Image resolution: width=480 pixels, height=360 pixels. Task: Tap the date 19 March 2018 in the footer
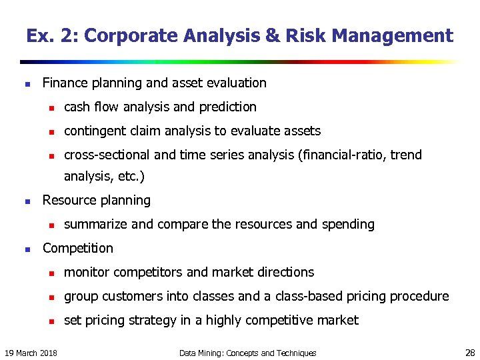point(31,353)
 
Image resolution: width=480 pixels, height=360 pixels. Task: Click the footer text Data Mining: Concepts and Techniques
point(248,353)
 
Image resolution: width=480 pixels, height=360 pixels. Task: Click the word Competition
point(78,248)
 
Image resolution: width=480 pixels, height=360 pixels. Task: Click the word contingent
point(93,131)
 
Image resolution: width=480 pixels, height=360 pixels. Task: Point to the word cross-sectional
point(107,155)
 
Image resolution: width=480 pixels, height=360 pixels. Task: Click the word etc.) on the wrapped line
point(130,177)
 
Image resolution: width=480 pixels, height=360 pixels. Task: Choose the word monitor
point(87,272)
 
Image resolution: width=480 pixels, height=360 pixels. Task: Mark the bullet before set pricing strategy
point(49,321)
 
